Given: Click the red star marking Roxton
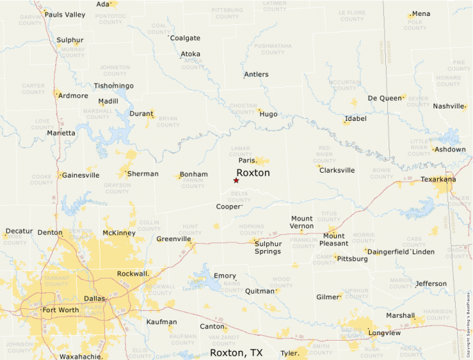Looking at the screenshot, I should [x=236, y=180].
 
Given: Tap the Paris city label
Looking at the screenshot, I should [x=248, y=160].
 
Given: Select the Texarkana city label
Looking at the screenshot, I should [x=438, y=180].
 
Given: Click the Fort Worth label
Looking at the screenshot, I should [x=60, y=310].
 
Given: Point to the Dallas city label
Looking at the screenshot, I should [x=94, y=298].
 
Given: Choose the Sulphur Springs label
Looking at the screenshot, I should [x=268, y=247].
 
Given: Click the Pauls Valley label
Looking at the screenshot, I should [x=65, y=15].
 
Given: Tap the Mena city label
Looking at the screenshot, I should [x=420, y=14].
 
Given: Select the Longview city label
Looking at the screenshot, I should [x=384, y=332].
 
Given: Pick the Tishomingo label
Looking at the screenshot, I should [x=113, y=86].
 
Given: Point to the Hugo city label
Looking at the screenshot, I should [x=268, y=114].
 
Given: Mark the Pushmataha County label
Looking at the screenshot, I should [x=273, y=48].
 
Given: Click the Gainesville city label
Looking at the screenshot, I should [x=80, y=175].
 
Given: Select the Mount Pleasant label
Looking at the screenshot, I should [x=334, y=239].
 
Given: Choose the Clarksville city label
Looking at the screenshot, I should [x=337, y=170].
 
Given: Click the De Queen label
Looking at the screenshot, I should [x=384, y=98].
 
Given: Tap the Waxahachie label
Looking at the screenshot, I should [x=82, y=357].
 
